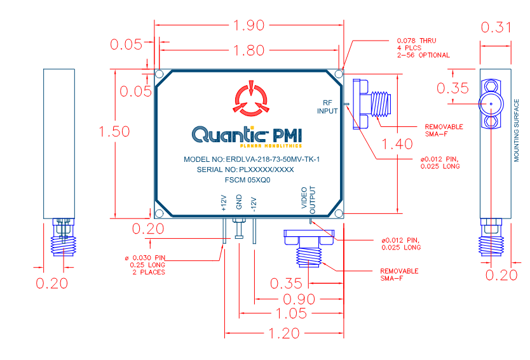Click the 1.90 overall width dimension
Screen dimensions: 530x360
(x=248, y=25)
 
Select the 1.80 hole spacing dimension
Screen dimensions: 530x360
(x=248, y=50)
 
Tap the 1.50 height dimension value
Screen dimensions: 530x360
(x=114, y=131)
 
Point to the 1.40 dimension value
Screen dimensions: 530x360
(x=397, y=144)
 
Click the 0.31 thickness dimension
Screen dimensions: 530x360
(x=496, y=27)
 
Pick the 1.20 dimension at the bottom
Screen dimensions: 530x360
(x=284, y=333)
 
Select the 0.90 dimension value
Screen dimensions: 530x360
(x=299, y=299)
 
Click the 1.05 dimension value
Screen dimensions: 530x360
(x=291, y=314)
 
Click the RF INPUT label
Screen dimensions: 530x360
(x=327, y=107)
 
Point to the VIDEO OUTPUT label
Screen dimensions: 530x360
(x=308, y=200)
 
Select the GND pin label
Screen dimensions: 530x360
(x=239, y=202)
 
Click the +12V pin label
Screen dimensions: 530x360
(x=224, y=203)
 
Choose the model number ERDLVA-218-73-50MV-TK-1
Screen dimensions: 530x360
(x=273, y=159)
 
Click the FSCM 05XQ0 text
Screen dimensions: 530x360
(x=247, y=180)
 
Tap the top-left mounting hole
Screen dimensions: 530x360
(x=159, y=74)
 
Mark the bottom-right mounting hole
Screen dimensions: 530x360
(x=339, y=213)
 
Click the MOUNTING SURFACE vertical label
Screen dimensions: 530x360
(x=516, y=130)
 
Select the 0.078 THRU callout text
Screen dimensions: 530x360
(x=416, y=41)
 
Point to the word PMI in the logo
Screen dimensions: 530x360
(x=287, y=136)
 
